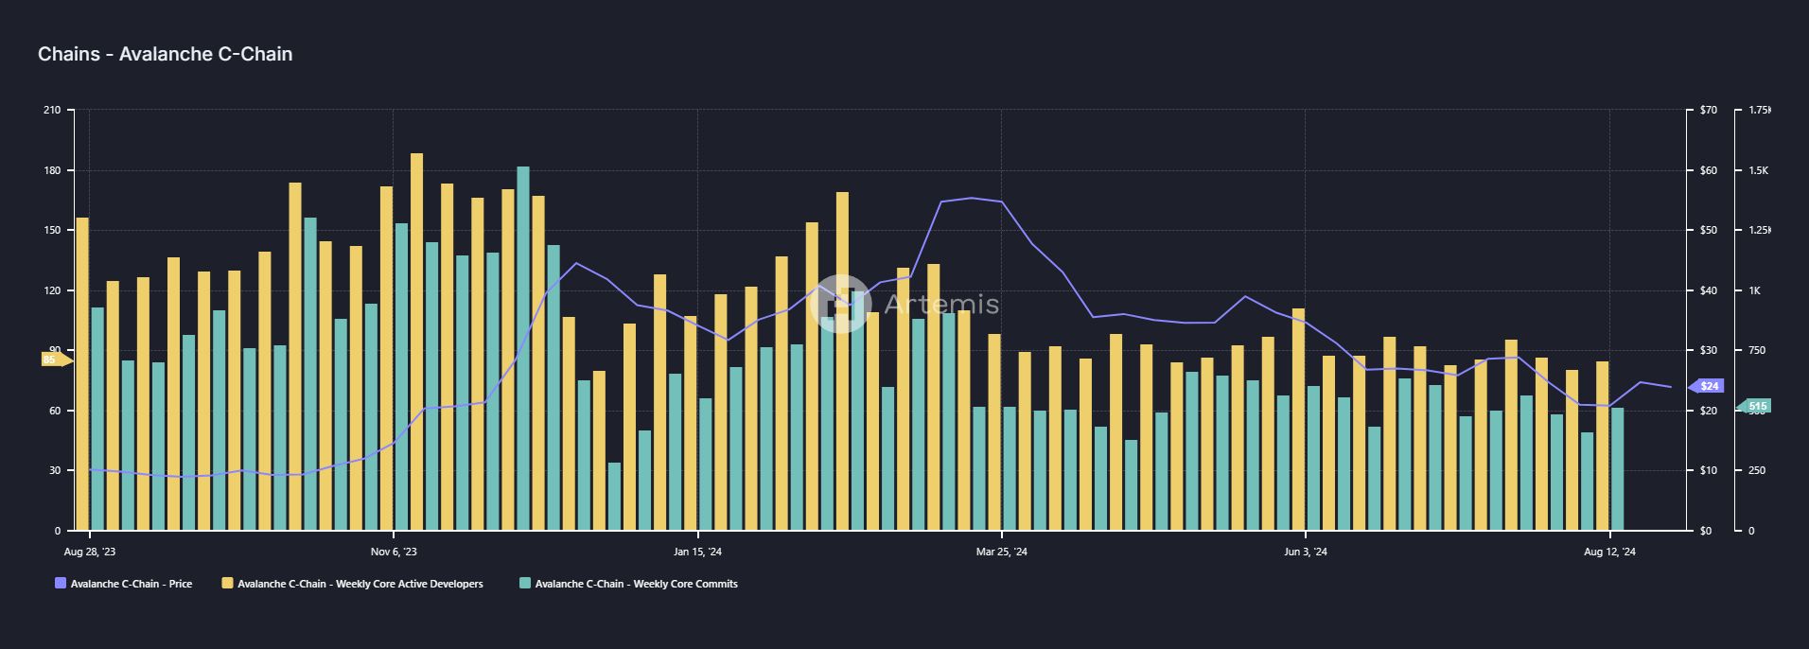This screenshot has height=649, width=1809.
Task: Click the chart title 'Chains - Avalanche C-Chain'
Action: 165,54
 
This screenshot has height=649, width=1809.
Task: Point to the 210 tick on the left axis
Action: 52,111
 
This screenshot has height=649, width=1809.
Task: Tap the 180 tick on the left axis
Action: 52,170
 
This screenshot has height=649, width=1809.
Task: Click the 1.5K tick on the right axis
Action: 1758,170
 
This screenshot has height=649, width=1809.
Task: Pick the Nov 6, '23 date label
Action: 394,552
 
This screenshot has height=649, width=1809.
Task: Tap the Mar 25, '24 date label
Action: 1001,552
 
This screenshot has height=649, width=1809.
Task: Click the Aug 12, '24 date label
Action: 1609,552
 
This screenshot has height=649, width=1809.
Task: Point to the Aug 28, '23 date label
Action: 90,552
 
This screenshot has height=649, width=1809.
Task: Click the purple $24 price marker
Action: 1708,386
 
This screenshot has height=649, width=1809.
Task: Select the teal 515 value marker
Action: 1757,406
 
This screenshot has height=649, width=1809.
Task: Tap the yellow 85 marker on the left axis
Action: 52,360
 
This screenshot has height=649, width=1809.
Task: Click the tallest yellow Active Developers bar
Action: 416,341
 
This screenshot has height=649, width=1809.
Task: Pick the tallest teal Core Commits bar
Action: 523,348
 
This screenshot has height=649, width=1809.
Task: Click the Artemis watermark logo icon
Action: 840,304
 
